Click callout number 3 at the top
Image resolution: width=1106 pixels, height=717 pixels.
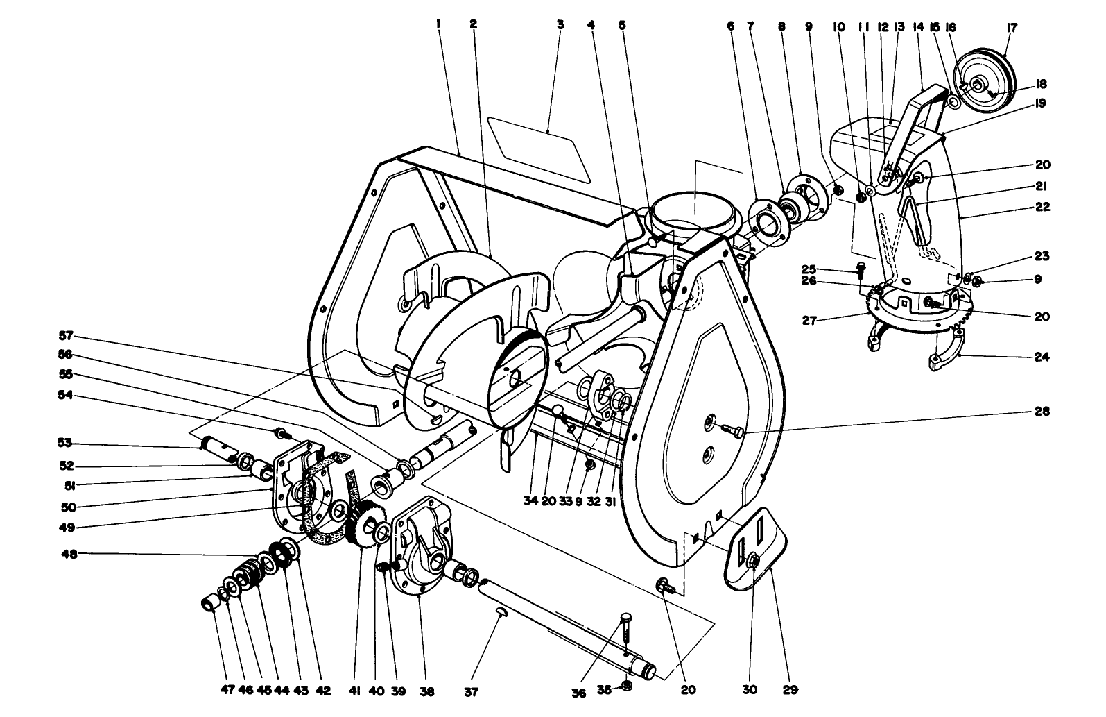click(560, 24)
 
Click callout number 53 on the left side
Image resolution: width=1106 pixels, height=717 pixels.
click(64, 443)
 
